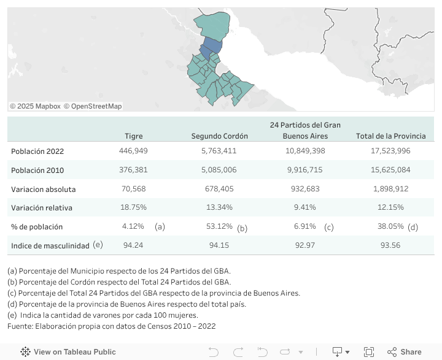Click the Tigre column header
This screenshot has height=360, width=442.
point(133,136)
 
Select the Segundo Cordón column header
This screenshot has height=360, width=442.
point(219,136)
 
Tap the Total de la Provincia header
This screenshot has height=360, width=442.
point(390,136)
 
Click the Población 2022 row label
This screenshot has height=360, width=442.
point(37,151)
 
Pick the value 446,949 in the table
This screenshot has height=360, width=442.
point(133,151)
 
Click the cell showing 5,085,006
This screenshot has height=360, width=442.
point(219,170)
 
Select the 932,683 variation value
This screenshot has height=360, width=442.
point(305,189)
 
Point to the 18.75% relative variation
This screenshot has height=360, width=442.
point(133,208)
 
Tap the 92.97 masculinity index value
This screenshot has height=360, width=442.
point(305,246)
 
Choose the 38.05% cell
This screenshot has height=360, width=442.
point(390,226)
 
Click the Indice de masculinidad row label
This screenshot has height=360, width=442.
point(50,246)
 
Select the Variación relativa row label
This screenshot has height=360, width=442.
point(42,208)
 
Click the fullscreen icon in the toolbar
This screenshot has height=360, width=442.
point(368,352)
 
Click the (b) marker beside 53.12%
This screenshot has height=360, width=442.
point(242,229)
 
